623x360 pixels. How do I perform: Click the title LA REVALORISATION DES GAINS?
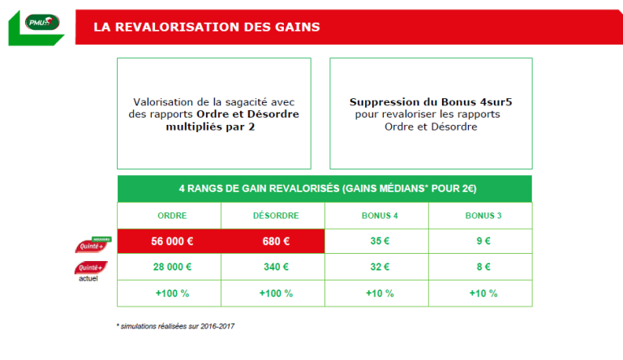(x=206, y=27)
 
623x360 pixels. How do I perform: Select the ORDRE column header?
(x=169, y=216)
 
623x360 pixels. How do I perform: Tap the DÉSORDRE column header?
(x=273, y=216)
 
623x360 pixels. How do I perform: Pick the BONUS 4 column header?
(x=376, y=216)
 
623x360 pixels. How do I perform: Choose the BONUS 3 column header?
(x=480, y=216)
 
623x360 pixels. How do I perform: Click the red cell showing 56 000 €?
(x=169, y=241)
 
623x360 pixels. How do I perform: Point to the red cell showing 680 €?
(x=273, y=241)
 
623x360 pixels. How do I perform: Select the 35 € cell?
(x=376, y=241)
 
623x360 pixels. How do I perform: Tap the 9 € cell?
(x=480, y=241)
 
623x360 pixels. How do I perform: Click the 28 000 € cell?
(x=169, y=267)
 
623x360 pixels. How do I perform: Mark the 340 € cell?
(x=273, y=267)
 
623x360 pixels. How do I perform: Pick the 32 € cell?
(x=376, y=267)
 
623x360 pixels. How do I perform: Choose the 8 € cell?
(x=480, y=267)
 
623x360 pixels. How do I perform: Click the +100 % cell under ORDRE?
(x=169, y=293)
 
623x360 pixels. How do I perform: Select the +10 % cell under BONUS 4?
(x=376, y=293)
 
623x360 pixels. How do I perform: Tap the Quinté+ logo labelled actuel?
(x=91, y=268)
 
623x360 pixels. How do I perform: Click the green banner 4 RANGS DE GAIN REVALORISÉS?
(x=324, y=189)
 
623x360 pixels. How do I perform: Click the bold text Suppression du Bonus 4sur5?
(x=430, y=102)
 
